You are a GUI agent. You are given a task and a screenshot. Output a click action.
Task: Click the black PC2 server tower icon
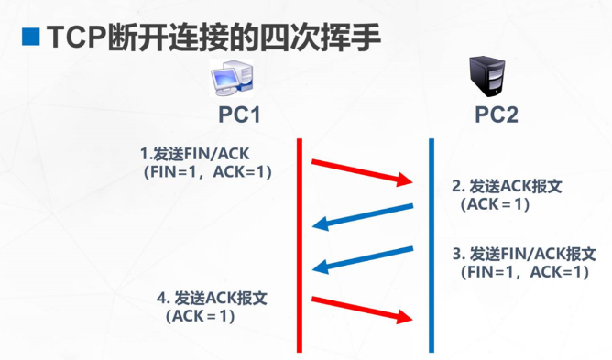point(488,76)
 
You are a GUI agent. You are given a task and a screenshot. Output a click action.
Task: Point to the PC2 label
point(496,115)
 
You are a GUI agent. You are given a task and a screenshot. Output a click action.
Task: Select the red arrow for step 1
point(363,172)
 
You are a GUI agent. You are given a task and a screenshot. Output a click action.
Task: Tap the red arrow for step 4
point(363,309)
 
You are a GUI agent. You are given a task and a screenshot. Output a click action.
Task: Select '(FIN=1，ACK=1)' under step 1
point(207,171)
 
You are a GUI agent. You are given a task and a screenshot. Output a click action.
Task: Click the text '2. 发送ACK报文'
point(507,186)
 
